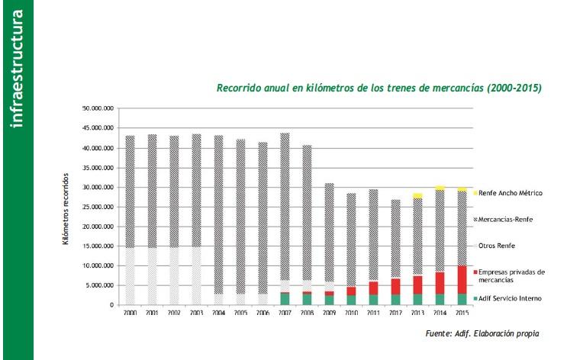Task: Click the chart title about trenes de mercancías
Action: [x=379, y=88]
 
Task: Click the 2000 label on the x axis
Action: [x=130, y=313]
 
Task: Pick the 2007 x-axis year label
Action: [x=285, y=313]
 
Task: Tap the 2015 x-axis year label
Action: [x=462, y=313]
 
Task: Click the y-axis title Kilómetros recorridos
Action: [x=67, y=208]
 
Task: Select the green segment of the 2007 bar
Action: [x=285, y=299]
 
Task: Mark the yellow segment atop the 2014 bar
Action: [x=440, y=188]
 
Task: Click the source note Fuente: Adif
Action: [x=482, y=334]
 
